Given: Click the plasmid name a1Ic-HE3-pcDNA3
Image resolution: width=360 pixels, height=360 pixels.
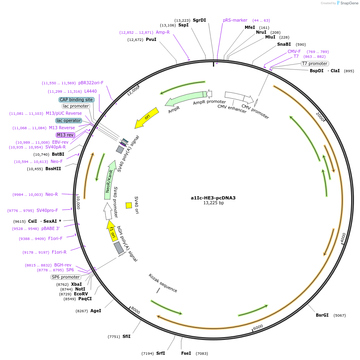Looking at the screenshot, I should click(213, 197).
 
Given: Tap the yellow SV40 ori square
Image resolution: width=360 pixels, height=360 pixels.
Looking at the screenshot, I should click(129, 205).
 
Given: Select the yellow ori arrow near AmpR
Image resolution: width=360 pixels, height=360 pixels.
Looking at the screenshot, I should click(146, 118).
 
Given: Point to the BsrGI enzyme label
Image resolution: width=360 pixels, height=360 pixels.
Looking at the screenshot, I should click(322, 315).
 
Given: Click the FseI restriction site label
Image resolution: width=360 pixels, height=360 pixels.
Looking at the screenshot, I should click(186, 353).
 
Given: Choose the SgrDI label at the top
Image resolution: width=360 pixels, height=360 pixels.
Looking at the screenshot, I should click(199, 20).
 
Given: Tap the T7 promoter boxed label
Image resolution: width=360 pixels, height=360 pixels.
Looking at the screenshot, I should click(315, 63).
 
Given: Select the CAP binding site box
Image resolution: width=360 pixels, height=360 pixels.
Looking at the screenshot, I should click(77, 100).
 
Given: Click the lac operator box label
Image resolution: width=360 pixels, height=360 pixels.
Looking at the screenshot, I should click(69, 120).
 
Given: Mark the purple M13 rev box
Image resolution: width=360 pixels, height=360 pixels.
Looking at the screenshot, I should click(65, 135).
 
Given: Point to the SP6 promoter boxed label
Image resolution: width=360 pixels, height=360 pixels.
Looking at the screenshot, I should click(65, 277).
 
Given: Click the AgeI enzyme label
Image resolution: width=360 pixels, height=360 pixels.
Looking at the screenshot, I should click(96, 311).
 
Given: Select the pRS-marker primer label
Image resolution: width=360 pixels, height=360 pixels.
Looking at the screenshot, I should click(235, 20).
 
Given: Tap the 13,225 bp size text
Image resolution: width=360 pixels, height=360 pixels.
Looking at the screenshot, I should click(213, 203).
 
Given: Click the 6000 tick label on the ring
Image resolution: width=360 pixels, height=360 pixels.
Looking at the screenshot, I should click(258, 327).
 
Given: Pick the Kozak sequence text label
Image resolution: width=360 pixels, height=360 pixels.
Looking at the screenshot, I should click(163, 283).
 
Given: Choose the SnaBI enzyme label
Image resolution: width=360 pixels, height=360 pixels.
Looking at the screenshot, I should click(284, 44).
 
